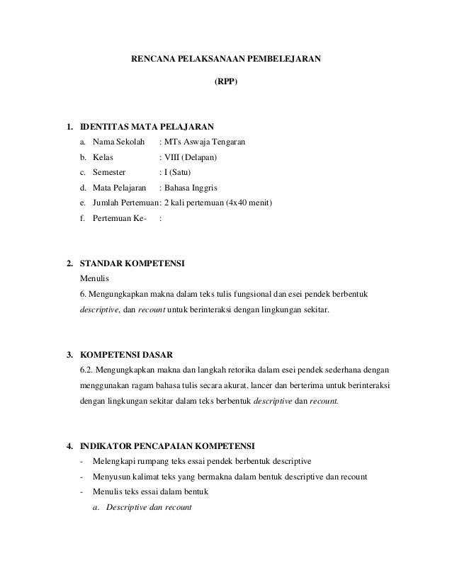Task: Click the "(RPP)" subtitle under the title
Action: tap(226, 81)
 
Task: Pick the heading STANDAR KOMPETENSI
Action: tap(132, 264)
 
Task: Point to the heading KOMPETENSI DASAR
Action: tap(126, 354)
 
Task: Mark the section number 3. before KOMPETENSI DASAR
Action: tap(69, 354)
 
